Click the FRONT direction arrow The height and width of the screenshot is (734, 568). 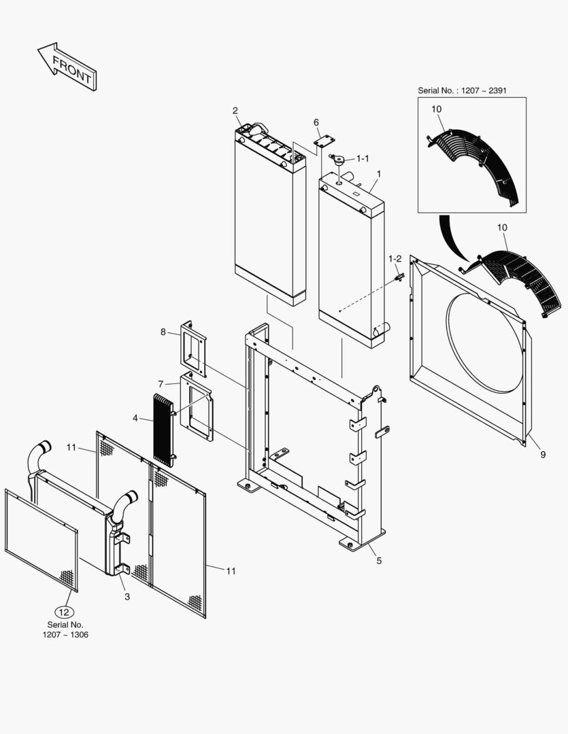(x=67, y=67)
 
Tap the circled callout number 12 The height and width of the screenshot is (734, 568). (x=65, y=611)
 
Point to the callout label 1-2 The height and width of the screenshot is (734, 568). (x=395, y=259)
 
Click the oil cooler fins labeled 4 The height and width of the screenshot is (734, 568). (x=163, y=429)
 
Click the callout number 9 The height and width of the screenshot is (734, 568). (x=542, y=455)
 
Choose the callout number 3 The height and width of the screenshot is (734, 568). (x=127, y=596)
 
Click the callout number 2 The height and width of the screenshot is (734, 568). (x=235, y=110)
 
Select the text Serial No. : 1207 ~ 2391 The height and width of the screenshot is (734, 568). (x=462, y=90)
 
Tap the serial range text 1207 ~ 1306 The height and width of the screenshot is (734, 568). (x=65, y=634)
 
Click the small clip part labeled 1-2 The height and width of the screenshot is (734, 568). (x=400, y=277)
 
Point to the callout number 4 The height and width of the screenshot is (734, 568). (x=135, y=418)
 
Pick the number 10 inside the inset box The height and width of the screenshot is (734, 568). (x=436, y=109)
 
